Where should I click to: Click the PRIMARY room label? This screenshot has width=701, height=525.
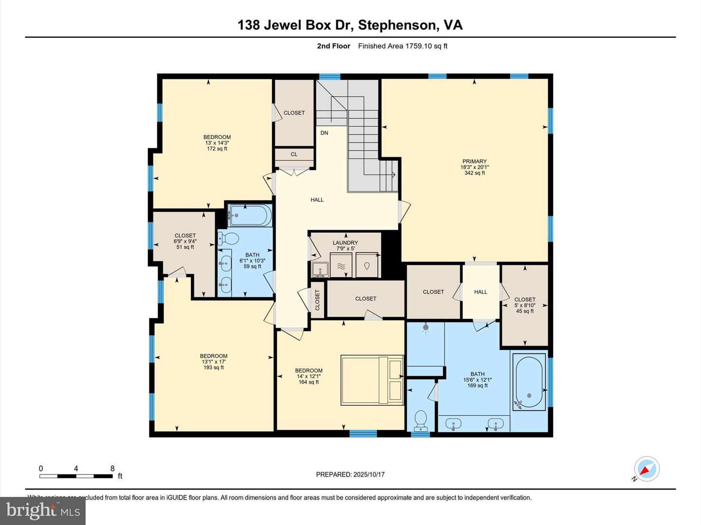pyautogui.click(x=474, y=161)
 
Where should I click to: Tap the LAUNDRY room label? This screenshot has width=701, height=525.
pyautogui.click(x=345, y=243)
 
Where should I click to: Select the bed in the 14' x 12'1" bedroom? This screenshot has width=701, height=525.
pyautogui.click(x=372, y=380)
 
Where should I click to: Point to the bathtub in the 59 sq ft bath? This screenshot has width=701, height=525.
pyautogui.click(x=250, y=215)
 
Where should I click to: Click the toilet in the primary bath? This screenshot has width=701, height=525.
pyautogui.click(x=420, y=420)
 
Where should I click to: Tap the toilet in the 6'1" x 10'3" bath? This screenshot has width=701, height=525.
pyautogui.click(x=229, y=238)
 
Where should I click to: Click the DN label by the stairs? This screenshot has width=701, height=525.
pyautogui.click(x=324, y=133)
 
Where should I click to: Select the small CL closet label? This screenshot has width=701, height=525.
pyautogui.click(x=294, y=154)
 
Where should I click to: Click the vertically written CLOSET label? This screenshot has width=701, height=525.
pyautogui.click(x=317, y=300)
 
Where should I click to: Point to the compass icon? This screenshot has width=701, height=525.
pyautogui.click(x=647, y=470)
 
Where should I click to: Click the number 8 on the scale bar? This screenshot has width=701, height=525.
pyautogui.click(x=112, y=469)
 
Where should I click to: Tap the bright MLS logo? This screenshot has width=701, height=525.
pyautogui.click(x=43, y=510)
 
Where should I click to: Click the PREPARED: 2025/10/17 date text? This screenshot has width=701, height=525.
pyautogui.click(x=350, y=474)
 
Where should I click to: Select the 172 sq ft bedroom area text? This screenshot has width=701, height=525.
pyautogui.click(x=217, y=149)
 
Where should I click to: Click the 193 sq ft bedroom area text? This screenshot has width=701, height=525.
pyautogui.click(x=214, y=367)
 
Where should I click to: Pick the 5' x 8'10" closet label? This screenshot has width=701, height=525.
pyautogui.click(x=525, y=305)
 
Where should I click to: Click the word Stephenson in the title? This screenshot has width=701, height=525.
pyautogui.click(x=397, y=25)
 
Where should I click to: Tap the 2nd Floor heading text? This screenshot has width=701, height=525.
pyautogui.click(x=333, y=46)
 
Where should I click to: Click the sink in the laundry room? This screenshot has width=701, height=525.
pyautogui.click(x=319, y=268)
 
